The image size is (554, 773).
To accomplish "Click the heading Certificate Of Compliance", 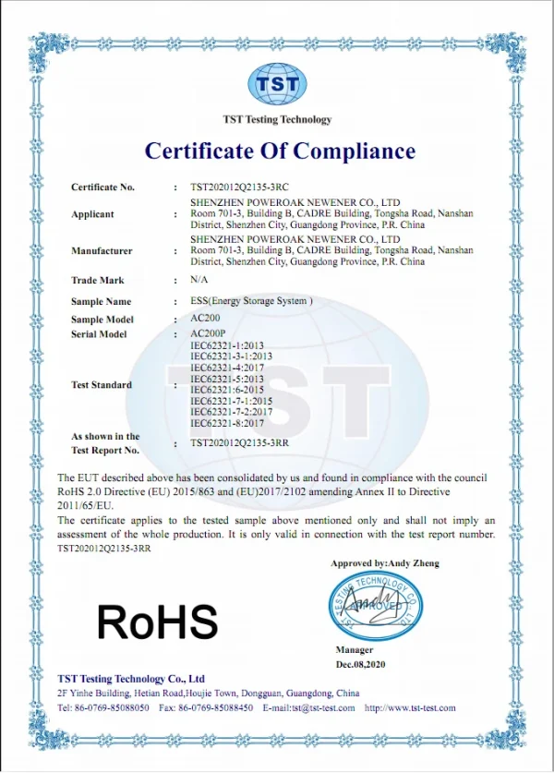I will [x=280, y=151].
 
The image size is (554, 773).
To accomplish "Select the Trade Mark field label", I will [x=97, y=280].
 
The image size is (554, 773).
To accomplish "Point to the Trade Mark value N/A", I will [x=199, y=279].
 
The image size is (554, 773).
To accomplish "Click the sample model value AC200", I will [x=205, y=318].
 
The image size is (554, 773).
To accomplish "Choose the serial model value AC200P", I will [x=208, y=332].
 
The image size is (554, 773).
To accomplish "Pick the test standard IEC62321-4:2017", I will [x=227, y=367].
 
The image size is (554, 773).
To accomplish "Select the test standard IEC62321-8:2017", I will [x=227, y=422].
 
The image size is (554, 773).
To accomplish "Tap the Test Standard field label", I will [x=102, y=384].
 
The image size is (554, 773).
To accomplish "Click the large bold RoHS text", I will [x=158, y=622].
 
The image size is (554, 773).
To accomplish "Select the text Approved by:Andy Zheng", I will [x=385, y=563].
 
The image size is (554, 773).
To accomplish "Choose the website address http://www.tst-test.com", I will [x=410, y=707].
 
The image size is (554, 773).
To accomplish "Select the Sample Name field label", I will [x=102, y=301].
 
